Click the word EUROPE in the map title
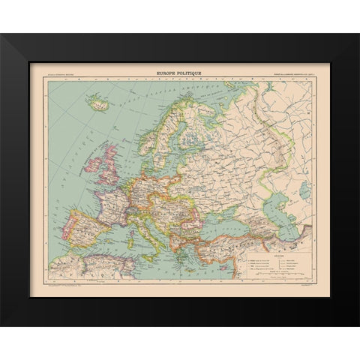168,73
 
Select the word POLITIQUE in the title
190,73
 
